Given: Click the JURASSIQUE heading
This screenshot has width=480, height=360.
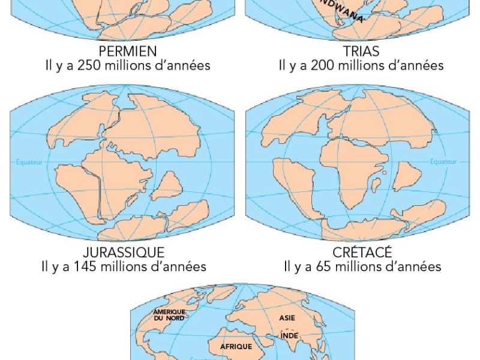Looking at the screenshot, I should coord(124,251).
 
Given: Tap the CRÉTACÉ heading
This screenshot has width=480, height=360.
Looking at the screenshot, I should coord(361,251).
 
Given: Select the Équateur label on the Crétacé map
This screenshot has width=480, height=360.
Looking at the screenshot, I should coord(445,161).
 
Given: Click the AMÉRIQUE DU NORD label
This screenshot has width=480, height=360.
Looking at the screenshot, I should coord(169,315).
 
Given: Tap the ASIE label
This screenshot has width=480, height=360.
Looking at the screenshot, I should coord(288,317).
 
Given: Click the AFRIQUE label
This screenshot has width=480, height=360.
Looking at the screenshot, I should coord(235,346).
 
